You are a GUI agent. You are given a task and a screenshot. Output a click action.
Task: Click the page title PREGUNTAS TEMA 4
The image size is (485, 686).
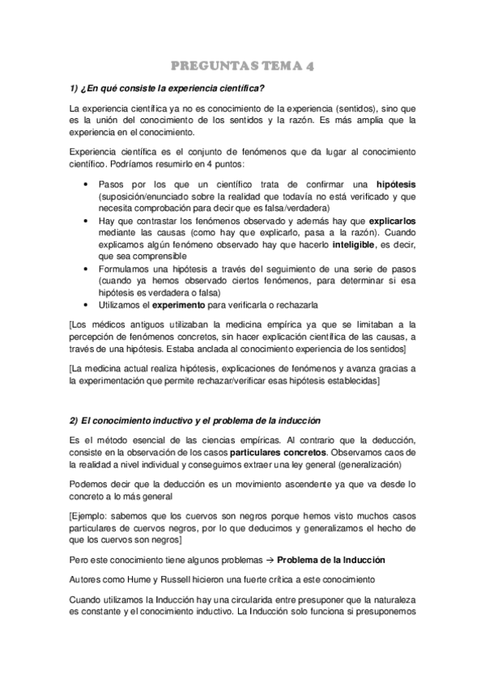(242, 67)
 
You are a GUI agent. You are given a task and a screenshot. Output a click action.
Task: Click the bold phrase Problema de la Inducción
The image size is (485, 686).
(330, 559)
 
